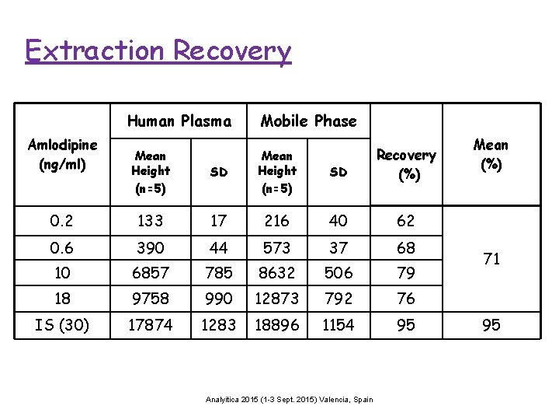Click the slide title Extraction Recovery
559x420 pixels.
pyautogui.click(x=158, y=51)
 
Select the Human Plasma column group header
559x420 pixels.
pyautogui.click(x=179, y=121)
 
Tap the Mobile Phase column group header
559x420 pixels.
pyautogui.click(x=308, y=121)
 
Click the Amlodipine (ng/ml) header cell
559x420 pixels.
pyautogui.click(x=62, y=153)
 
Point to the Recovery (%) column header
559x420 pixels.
pyautogui.click(x=405, y=164)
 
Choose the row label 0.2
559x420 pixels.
pyautogui.click(x=62, y=221)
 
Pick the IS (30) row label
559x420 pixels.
pyautogui.click(x=62, y=324)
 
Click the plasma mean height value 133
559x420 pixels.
pyautogui.click(x=150, y=221)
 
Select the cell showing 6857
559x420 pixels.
pyautogui.click(x=150, y=273)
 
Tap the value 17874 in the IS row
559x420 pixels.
pyautogui.click(x=150, y=324)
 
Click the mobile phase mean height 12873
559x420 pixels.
pyautogui.click(x=276, y=299)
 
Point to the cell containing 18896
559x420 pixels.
pyautogui.click(x=276, y=324)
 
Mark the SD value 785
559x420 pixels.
pyautogui.click(x=218, y=273)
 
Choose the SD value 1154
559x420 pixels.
pyautogui.click(x=338, y=324)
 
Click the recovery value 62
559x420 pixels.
pyautogui.click(x=405, y=221)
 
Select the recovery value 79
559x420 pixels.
pyautogui.click(x=405, y=273)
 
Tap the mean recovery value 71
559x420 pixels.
pyautogui.click(x=491, y=259)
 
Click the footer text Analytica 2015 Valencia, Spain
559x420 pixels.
pyautogui.click(x=289, y=400)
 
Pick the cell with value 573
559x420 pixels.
pyautogui.click(x=276, y=247)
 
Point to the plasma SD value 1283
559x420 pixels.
pyautogui.click(x=218, y=324)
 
